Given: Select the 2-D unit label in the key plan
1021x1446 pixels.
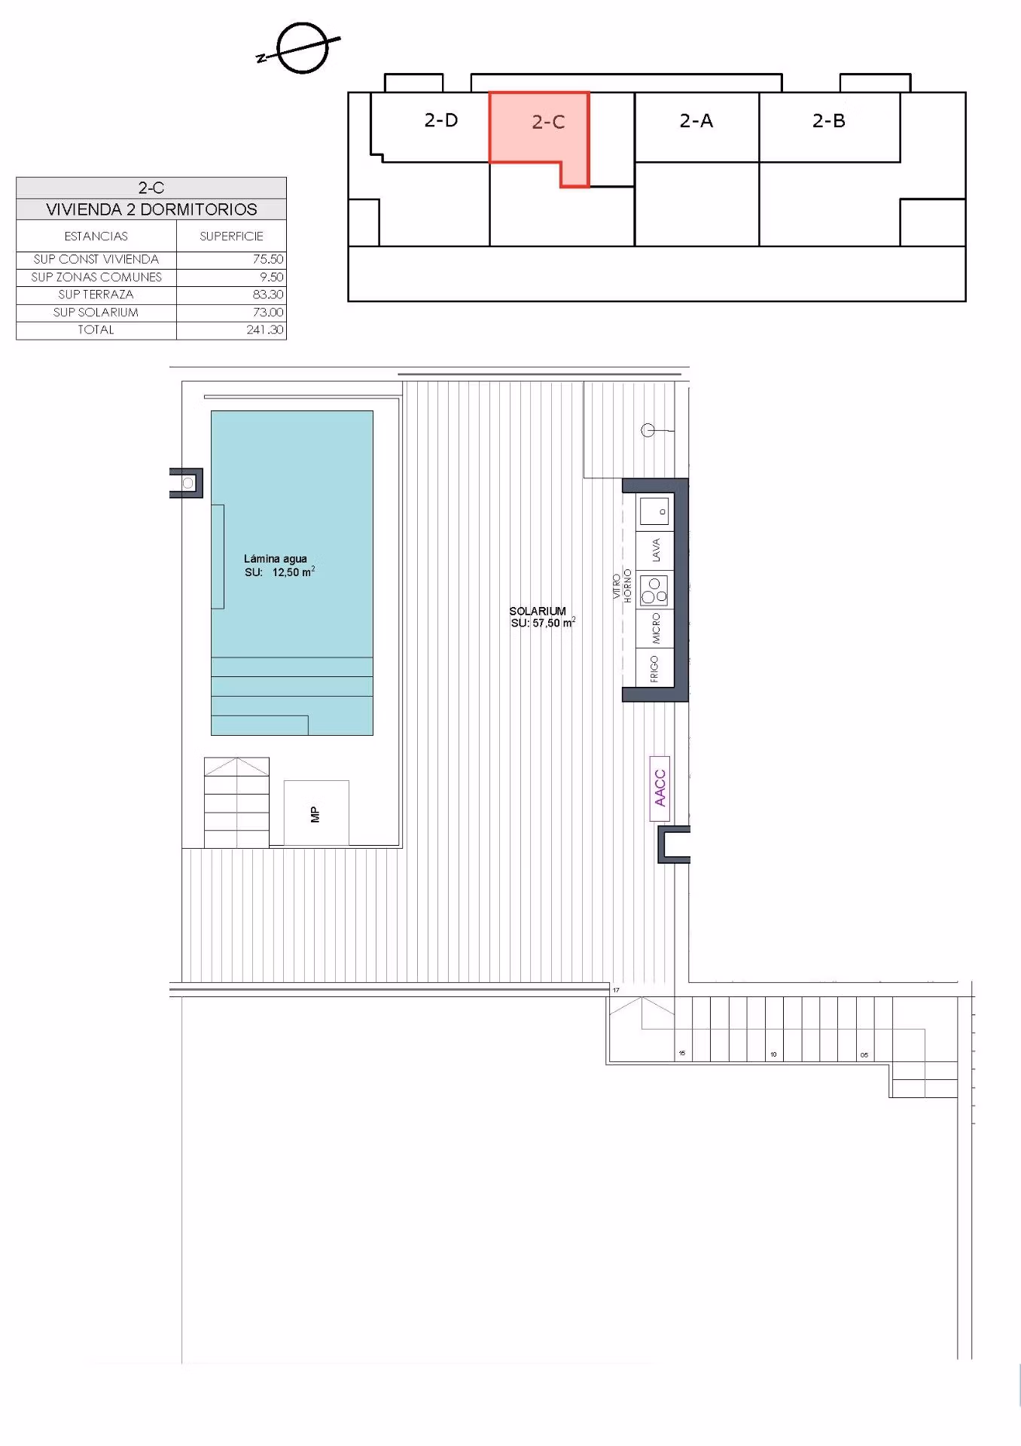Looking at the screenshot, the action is (x=441, y=120).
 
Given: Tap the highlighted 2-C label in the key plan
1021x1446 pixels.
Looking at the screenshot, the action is (x=548, y=122).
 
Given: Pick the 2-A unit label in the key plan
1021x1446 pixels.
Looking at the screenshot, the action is (x=696, y=120).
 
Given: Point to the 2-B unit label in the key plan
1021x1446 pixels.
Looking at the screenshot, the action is (x=829, y=120).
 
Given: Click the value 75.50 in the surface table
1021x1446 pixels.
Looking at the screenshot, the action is (x=268, y=259).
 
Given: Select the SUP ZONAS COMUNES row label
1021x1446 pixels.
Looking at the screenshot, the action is (x=96, y=277).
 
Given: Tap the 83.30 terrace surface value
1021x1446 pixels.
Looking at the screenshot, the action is (x=268, y=294).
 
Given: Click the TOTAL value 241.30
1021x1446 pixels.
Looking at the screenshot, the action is (x=265, y=330).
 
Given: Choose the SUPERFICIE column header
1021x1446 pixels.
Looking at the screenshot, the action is (x=231, y=236).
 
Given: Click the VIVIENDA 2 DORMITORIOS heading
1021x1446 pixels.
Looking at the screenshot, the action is (x=151, y=209).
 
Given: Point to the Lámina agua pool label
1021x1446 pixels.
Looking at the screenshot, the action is (x=276, y=559).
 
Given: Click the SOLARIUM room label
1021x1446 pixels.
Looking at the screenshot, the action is (x=538, y=611).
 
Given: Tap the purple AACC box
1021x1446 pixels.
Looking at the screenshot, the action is (x=660, y=788).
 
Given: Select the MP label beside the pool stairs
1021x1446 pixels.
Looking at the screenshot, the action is (x=315, y=814).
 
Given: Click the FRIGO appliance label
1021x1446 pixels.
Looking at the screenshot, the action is (x=654, y=669).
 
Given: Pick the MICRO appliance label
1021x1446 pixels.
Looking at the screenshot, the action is (x=656, y=629).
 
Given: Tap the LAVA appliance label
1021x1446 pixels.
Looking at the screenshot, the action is (x=656, y=550).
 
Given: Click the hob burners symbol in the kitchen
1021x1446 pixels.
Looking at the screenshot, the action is (x=654, y=590).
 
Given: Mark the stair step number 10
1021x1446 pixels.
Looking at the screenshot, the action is (x=773, y=1054).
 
